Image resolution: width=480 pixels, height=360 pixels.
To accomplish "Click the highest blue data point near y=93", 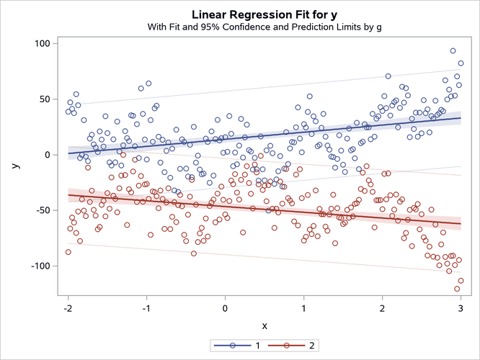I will click(453, 51).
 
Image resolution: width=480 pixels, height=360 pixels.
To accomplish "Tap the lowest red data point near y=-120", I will click(457, 289).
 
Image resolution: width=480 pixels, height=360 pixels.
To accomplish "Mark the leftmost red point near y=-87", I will click(68, 252).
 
